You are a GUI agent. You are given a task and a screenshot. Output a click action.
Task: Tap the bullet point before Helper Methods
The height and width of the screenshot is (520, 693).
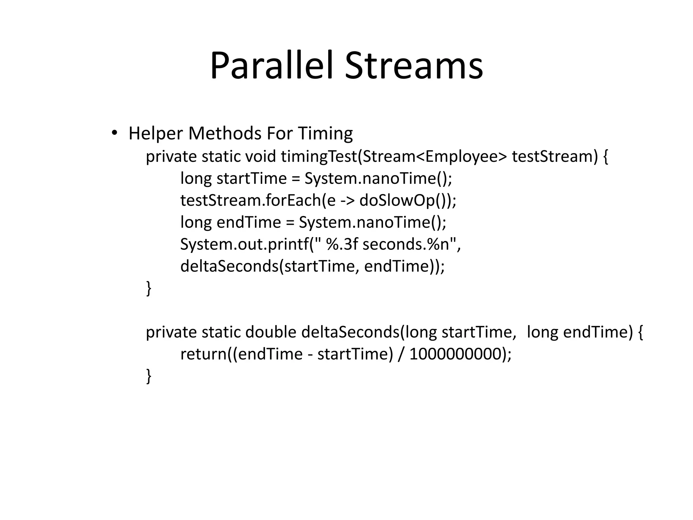point(114,133)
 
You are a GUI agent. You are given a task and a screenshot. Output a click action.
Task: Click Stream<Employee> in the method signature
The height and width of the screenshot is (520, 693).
point(433,156)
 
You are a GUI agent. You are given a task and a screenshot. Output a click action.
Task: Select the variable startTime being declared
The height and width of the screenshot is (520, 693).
point(251,178)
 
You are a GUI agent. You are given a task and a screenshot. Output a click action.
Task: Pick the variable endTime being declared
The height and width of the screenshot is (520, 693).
point(248,222)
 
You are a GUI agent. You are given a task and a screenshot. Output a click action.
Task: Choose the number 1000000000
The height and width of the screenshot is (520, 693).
point(455,354)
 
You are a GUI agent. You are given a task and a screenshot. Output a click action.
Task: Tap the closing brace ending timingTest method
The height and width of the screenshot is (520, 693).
point(149,288)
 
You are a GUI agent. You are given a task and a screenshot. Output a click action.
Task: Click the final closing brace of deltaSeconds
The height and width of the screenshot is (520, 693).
point(149,376)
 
